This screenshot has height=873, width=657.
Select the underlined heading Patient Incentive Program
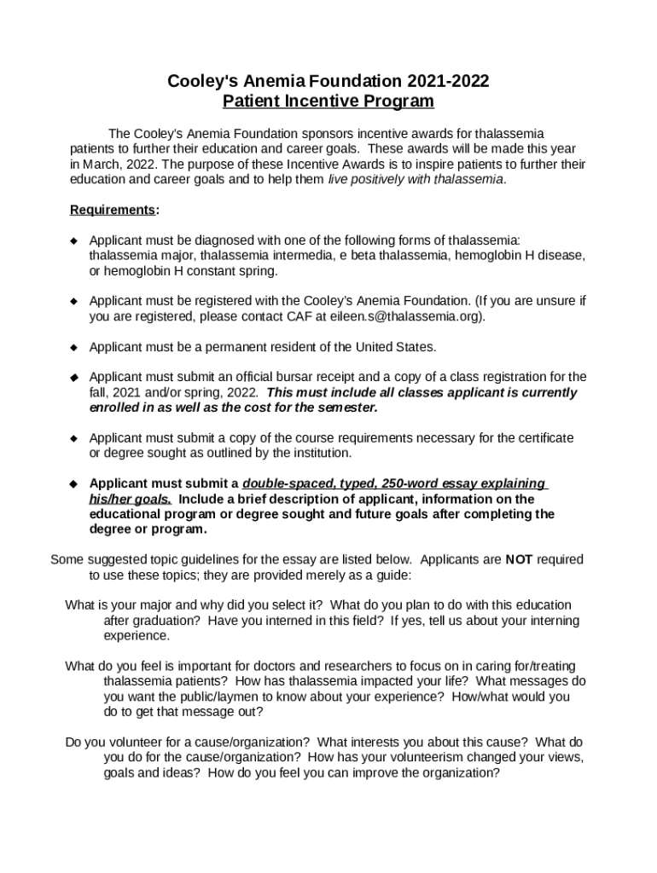point(328,101)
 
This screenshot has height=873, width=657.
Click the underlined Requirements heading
point(113,210)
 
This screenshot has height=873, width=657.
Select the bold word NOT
point(519,560)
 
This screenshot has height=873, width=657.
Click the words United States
point(392,347)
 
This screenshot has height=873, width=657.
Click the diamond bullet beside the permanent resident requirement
point(73,347)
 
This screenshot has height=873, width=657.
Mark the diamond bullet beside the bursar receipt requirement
point(73,377)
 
